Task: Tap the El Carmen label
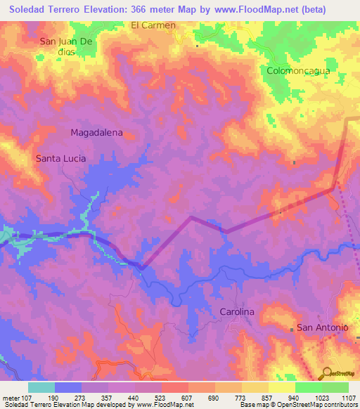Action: coord(153,25)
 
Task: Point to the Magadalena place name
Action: coord(97,132)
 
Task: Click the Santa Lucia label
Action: coord(60,159)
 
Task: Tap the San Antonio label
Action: coord(323,327)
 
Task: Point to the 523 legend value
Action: coord(162,397)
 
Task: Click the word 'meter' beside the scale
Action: coord(10,397)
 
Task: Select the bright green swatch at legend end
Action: coord(335,387)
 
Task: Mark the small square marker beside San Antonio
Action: coord(292,329)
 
